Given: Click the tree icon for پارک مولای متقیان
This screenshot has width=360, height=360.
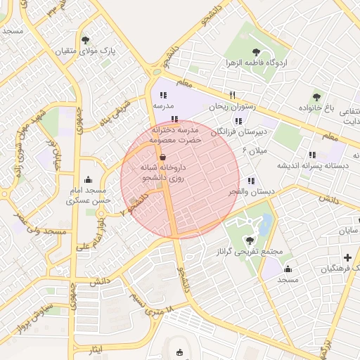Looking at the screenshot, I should [x=86, y=40].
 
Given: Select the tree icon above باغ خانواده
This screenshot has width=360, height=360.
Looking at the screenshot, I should [x=317, y=96].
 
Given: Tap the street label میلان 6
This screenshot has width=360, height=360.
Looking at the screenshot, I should [x=254, y=150].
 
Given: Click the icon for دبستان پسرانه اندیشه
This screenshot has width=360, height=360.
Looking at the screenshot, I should [x=312, y=155].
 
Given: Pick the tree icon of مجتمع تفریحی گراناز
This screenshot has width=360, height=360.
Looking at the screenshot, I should [x=251, y=240].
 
